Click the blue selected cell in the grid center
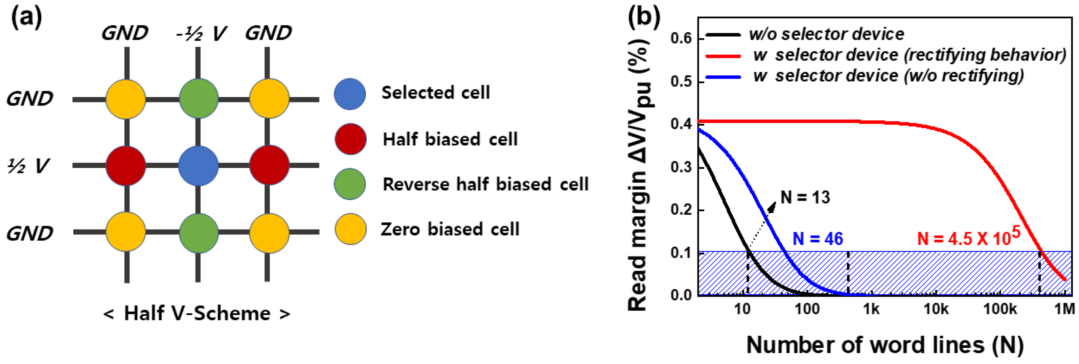(198, 166)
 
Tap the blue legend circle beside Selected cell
(350, 94)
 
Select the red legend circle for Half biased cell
(351, 139)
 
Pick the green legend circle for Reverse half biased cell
(350, 184)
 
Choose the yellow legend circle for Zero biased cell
(351, 229)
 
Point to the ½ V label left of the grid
(28, 166)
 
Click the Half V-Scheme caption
(197, 313)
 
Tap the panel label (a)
(26, 18)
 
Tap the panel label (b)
(644, 18)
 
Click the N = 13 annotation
(805, 197)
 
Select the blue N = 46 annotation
(818, 239)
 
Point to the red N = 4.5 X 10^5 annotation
(968, 237)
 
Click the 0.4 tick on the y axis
(682, 124)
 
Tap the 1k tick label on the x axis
(871, 309)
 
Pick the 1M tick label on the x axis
(1064, 309)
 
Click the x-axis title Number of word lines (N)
(885, 345)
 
